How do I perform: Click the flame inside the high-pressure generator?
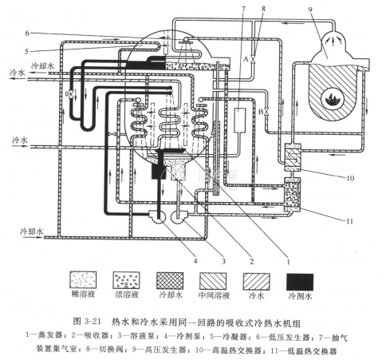(x=333, y=101)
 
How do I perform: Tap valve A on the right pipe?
(x=254, y=59)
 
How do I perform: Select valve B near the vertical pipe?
(x=267, y=112)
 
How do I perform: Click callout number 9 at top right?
(x=310, y=10)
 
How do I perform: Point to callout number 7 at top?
(x=243, y=9)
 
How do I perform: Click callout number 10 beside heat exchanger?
(x=350, y=178)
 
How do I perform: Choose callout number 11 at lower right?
(x=349, y=221)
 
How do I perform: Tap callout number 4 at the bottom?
(x=195, y=260)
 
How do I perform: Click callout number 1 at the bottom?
(x=287, y=262)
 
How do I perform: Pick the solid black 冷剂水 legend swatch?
(x=300, y=282)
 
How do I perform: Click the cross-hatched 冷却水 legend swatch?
(x=170, y=281)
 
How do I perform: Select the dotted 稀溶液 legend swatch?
(x=83, y=279)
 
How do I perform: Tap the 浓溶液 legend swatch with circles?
(x=127, y=280)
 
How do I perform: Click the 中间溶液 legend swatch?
(x=213, y=281)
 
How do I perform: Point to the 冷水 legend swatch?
(x=257, y=282)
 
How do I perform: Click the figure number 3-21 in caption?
(x=93, y=321)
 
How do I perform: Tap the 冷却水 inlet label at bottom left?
(x=32, y=231)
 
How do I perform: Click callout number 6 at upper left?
(x=27, y=33)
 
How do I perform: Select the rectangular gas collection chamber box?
(x=240, y=120)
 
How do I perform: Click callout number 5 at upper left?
(x=26, y=51)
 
